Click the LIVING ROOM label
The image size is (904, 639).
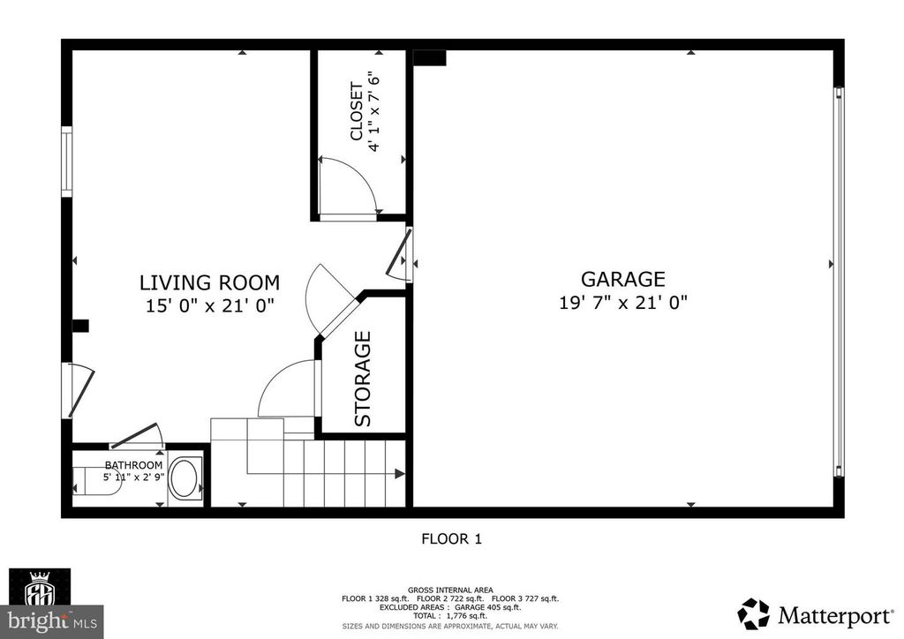[x=209, y=283]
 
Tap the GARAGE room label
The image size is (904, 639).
[x=622, y=279]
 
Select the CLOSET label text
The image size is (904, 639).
[x=357, y=112]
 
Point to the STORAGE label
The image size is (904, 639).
[x=363, y=379]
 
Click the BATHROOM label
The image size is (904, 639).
[x=134, y=465]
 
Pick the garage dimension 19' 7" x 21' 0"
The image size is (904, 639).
[x=622, y=303]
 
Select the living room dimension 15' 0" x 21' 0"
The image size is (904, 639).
[x=210, y=306]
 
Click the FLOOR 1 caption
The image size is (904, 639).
[x=451, y=538]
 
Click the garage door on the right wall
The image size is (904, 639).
[x=839, y=281]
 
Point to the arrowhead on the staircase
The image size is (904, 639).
[x=400, y=474]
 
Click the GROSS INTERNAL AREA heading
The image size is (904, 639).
[x=450, y=590]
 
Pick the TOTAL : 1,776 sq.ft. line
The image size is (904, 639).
[x=450, y=616]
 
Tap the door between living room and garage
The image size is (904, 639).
[x=403, y=254]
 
